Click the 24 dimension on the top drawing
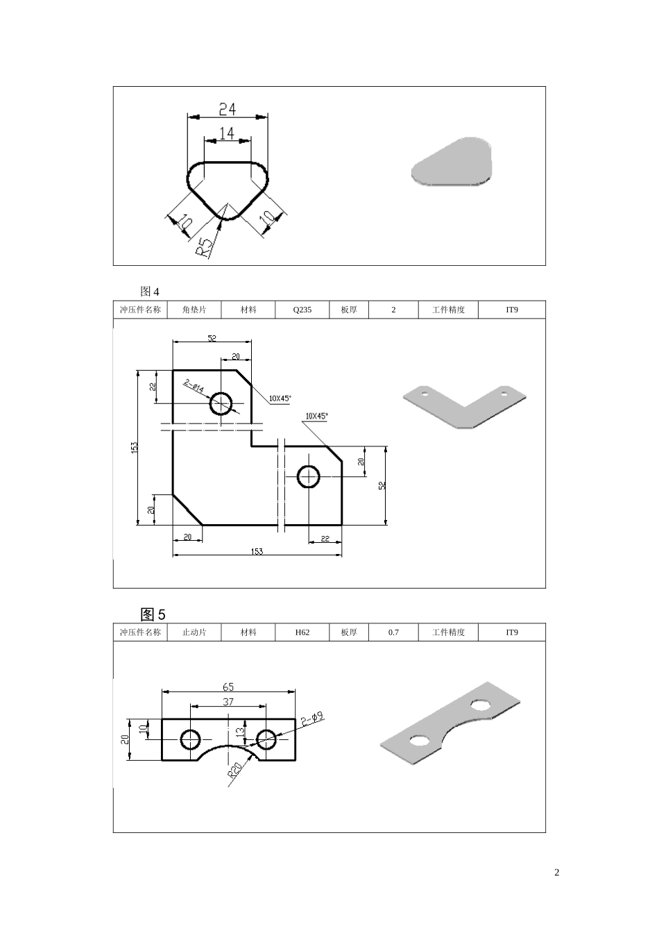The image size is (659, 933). point(228,109)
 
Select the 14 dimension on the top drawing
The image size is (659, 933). point(227,133)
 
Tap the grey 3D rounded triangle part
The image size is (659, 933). point(452,162)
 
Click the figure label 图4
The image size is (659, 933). point(149,291)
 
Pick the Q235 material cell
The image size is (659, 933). point(302,310)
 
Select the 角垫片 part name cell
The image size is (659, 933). point(194,310)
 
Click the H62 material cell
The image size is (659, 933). point(302,632)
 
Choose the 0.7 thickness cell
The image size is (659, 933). point(393,632)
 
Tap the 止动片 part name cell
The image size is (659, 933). point(194,632)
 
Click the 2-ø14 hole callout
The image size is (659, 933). point(194,387)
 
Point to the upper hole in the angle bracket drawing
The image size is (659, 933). point(221,403)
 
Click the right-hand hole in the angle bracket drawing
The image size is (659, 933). point(308,477)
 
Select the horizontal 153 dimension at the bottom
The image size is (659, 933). point(257,551)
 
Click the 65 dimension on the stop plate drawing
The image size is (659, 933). point(228,687)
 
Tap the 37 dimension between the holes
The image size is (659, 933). point(228,702)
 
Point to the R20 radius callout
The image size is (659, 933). point(234,771)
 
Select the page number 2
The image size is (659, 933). point(556,873)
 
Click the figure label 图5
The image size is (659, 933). point(153,614)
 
